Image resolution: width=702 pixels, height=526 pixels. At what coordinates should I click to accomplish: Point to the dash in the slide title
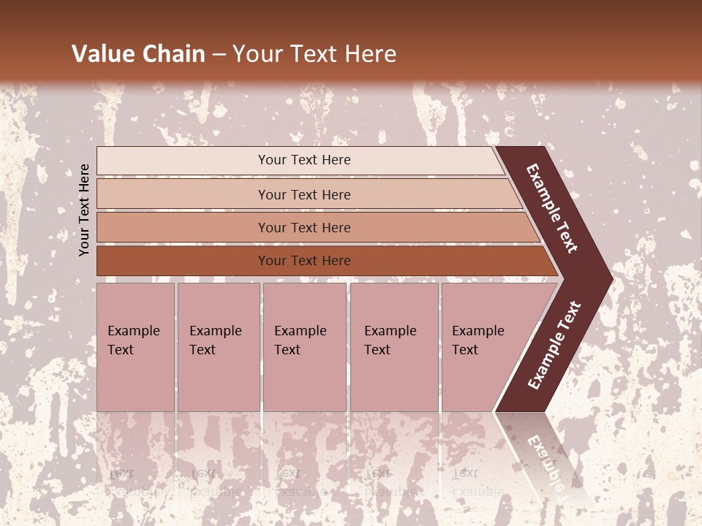click(x=219, y=55)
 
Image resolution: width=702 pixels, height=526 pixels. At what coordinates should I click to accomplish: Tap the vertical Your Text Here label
click(x=84, y=210)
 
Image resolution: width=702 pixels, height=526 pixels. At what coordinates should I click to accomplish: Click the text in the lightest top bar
click(x=304, y=160)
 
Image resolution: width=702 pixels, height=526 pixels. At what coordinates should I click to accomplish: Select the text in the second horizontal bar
click(x=304, y=194)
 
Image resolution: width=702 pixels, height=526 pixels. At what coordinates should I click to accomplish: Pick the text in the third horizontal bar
click(x=304, y=228)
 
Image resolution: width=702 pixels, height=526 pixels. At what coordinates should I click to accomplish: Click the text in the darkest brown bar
click(x=304, y=261)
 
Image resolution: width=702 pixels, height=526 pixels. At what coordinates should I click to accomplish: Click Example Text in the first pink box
click(x=133, y=340)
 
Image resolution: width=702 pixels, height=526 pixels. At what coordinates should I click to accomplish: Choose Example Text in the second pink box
click(x=215, y=340)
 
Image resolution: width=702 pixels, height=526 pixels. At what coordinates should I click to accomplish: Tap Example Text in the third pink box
click(x=300, y=340)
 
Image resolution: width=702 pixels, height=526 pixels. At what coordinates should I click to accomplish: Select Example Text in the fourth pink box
click(x=390, y=340)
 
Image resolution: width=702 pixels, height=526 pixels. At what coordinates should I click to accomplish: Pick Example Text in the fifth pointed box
click(x=478, y=340)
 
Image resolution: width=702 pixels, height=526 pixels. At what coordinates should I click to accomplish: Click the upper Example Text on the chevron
click(x=552, y=208)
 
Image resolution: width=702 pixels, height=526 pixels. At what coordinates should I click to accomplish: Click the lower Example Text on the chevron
click(x=554, y=346)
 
